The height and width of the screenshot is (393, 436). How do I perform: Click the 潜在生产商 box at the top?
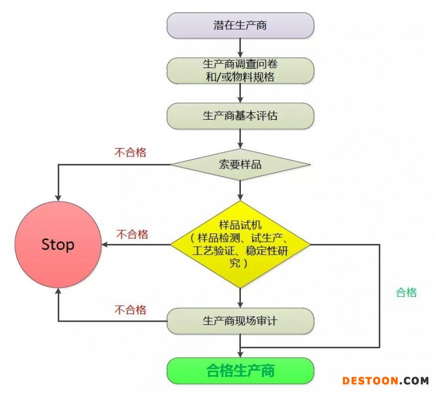pos(240,25)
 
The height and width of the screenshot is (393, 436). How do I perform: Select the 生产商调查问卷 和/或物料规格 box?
pos(240,70)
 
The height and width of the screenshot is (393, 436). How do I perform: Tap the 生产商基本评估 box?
pos(240,115)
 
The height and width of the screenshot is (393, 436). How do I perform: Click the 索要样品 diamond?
pos(240,164)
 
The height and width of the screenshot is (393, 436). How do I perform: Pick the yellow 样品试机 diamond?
pos(240,244)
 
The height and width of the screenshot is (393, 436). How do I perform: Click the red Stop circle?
pos(58,244)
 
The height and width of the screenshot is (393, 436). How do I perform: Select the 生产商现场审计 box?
pos(240,321)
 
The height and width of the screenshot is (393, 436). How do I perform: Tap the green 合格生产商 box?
pos(240,371)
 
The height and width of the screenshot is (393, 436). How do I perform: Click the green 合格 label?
pos(406,292)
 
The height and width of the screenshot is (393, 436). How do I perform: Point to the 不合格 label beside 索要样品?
pos(130,152)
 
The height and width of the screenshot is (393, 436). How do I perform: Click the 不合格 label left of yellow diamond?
pos(132,234)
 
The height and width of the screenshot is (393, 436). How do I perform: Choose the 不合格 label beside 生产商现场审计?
pos(130,310)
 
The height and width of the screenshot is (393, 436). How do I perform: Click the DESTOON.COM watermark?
pos(385,380)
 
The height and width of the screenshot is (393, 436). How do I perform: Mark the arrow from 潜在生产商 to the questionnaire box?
pos(240,47)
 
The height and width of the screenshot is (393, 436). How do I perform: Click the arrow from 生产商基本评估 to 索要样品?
pos(240,138)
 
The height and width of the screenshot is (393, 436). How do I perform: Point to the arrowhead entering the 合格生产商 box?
pos(240,354)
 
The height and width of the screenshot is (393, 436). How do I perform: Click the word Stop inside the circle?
pos(58,244)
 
